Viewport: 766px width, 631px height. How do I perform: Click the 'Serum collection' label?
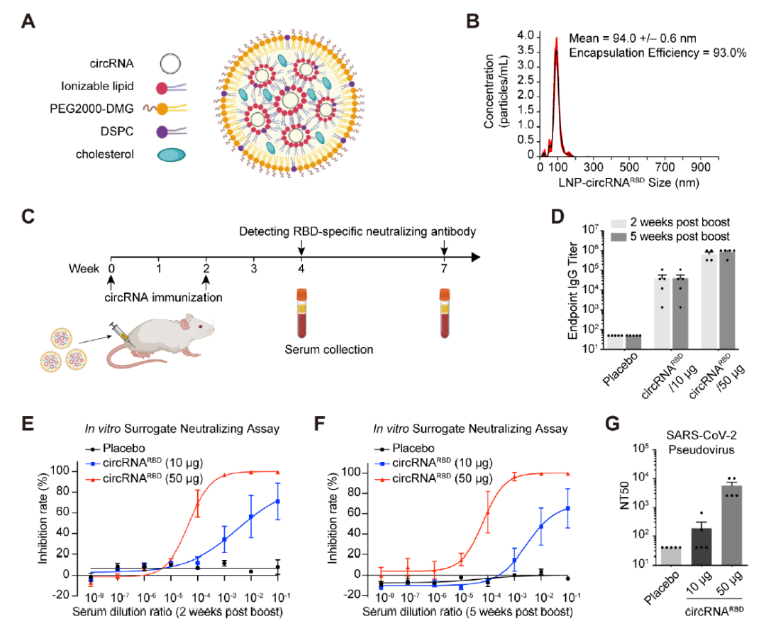pyautogui.click(x=329, y=349)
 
